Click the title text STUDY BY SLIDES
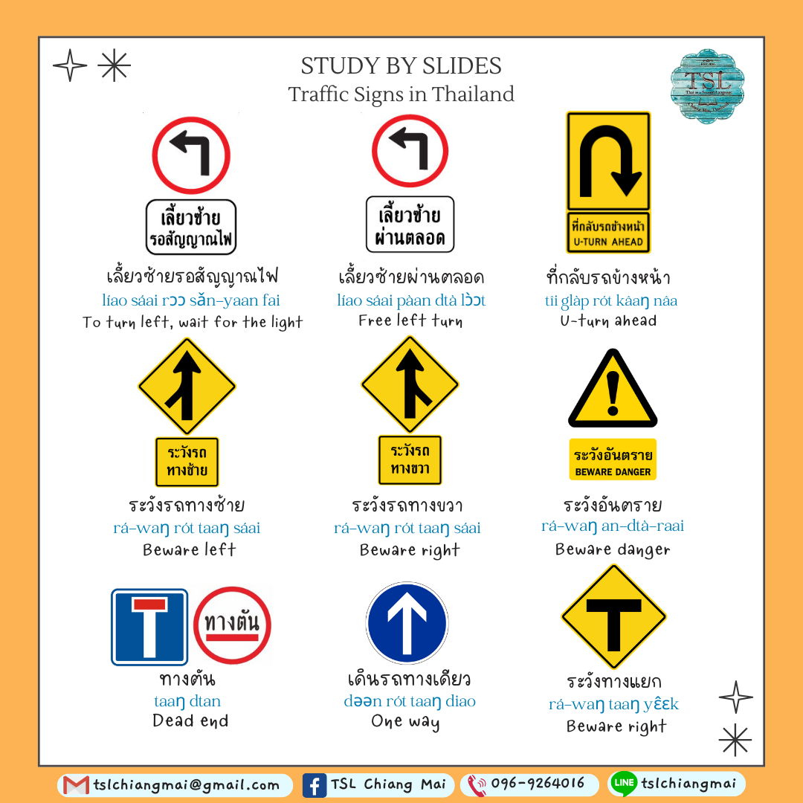tap(401, 66)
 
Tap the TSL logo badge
tap(707, 86)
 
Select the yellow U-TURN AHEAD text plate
tap(608, 232)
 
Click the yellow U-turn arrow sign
tap(608, 160)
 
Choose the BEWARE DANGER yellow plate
tap(613, 460)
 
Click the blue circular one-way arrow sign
tap(407, 623)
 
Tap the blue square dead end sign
tap(149, 626)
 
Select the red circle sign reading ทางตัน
tap(232, 625)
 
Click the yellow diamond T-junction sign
tap(613, 616)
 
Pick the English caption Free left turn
tap(410, 321)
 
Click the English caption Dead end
tap(190, 720)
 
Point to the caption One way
tap(405, 722)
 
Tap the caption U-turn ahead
tap(608, 321)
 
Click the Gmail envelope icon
tap(76, 785)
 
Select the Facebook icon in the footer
tap(315, 785)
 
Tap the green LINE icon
tap(623, 783)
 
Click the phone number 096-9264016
tap(537, 784)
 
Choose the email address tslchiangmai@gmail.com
tap(187, 784)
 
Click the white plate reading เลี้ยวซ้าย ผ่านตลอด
tap(410, 225)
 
